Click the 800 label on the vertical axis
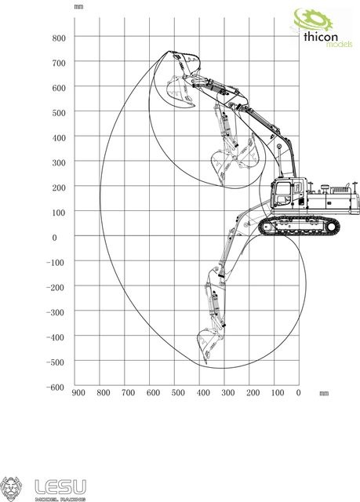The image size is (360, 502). pyautogui.click(x=59, y=38)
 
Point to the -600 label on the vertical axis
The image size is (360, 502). pyautogui.click(x=56, y=387)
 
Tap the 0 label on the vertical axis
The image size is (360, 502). pyautogui.click(x=54, y=238)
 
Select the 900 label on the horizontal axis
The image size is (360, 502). pyautogui.click(x=78, y=393)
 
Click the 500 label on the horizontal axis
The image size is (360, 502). pyautogui.click(x=178, y=393)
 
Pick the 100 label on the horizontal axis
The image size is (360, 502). pyautogui.click(x=278, y=393)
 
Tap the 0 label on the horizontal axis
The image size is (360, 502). pyautogui.click(x=298, y=393)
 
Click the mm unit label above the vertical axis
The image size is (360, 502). pyautogui.click(x=78, y=6)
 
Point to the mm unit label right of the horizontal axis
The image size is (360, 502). pyautogui.click(x=324, y=393)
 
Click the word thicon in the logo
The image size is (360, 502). pyautogui.click(x=321, y=37)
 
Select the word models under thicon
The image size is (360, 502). pyautogui.click(x=339, y=44)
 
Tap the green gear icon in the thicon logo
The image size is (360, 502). pyautogui.click(x=313, y=20)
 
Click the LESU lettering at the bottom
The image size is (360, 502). pyautogui.click(x=60, y=487)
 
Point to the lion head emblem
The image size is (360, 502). pyautogui.click(x=11, y=489)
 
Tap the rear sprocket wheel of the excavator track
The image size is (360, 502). pyautogui.click(x=332, y=227)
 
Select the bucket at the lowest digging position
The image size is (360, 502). pyautogui.click(x=209, y=346)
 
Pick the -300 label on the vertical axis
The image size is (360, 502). pyautogui.click(x=56, y=312)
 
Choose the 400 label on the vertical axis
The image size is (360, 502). pyautogui.click(x=59, y=138)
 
